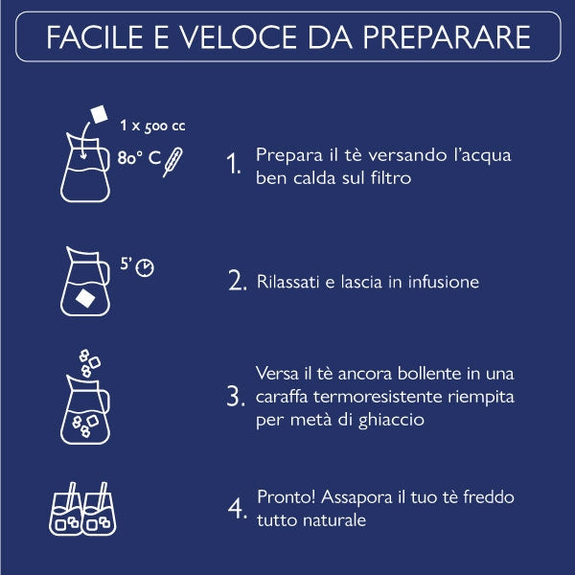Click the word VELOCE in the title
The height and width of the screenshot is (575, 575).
tap(238, 37)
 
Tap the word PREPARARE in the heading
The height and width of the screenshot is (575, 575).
tap(447, 37)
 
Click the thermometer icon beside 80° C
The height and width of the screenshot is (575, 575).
tap(172, 162)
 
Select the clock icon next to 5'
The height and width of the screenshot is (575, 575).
tap(145, 267)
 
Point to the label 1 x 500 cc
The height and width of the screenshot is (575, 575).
tap(152, 126)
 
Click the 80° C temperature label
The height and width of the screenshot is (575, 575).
tap(139, 158)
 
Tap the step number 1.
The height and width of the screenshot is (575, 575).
tap(234, 163)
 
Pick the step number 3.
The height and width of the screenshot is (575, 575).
tap(236, 396)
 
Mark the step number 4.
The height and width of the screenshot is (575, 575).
tap(238, 508)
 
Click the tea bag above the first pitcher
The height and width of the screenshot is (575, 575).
tap(100, 114)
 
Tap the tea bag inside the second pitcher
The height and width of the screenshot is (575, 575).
tap(85, 298)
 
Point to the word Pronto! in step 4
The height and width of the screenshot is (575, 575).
tap(286, 496)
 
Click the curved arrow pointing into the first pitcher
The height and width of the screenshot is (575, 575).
tap(83, 140)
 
